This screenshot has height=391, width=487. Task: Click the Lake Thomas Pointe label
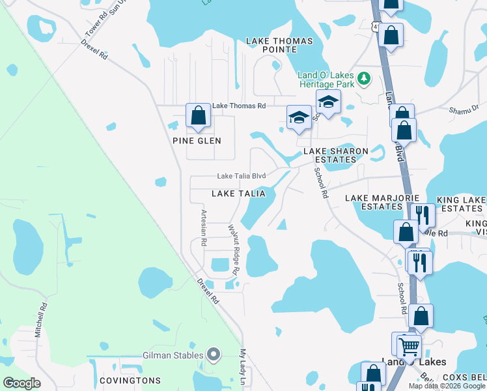click(279, 45)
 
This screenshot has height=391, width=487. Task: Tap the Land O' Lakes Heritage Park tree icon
click(364, 79)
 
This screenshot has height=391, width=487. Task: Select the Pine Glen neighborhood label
click(197, 141)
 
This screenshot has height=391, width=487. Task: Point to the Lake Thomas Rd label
click(240, 106)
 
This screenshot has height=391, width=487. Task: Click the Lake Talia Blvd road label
click(241, 176)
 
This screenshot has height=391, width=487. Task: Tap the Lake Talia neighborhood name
click(238, 194)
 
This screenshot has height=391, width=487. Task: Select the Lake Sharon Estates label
click(336, 156)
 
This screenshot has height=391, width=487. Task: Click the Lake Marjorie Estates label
click(374, 202)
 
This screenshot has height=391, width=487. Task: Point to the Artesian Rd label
click(204, 227)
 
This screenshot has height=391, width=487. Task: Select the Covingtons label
click(130, 380)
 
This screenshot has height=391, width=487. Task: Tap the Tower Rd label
click(94, 27)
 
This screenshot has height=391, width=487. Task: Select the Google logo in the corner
click(21, 383)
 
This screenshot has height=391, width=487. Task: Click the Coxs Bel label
click(464, 377)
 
